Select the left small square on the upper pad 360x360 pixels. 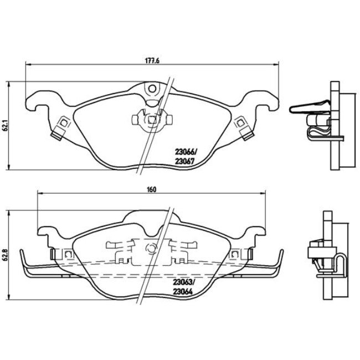point(63,123)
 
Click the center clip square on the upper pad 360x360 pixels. point(151,118)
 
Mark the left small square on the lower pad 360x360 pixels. point(68,254)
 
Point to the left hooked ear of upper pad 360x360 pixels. point(34,102)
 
